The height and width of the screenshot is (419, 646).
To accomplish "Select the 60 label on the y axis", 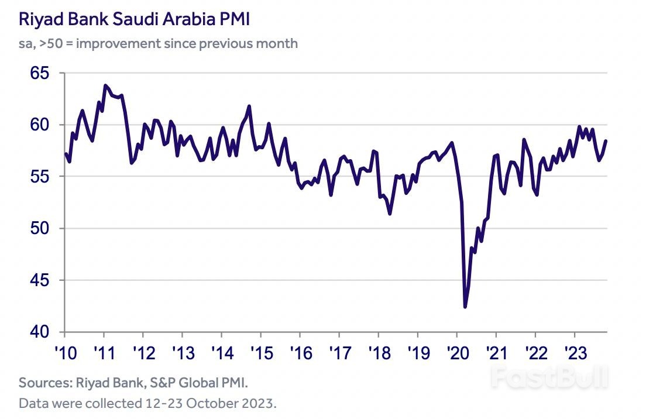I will click(39, 125).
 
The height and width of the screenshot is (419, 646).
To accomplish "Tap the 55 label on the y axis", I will click(39, 177).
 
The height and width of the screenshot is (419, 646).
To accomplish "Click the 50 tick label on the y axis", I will click(39, 228).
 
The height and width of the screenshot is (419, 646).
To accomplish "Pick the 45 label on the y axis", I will click(39, 280).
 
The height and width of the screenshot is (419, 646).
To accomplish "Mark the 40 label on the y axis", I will click(39, 332).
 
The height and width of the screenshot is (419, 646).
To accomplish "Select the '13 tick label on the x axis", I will click(182, 353).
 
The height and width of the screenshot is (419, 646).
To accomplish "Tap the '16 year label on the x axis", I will click(300, 353).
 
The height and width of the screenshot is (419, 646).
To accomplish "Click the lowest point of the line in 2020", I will click(465, 306).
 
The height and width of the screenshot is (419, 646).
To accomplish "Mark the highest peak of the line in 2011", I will click(105, 85).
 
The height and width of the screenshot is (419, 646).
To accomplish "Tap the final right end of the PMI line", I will click(606, 140).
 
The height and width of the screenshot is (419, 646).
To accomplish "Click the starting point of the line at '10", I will click(65, 153).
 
